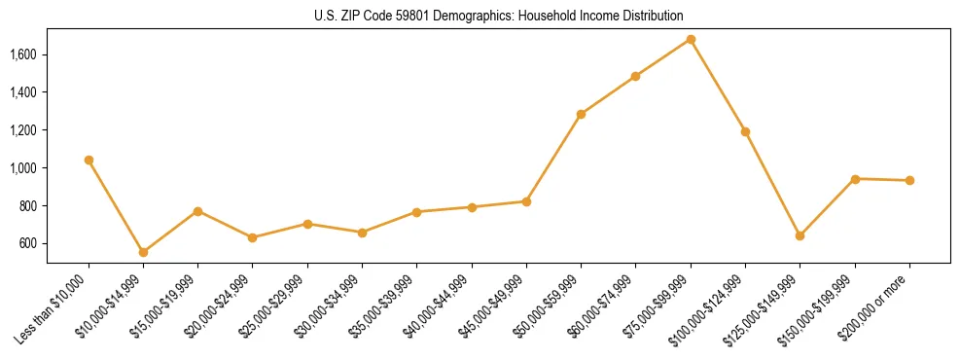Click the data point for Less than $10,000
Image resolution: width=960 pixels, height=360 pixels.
pyautogui.click(x=89, y=160)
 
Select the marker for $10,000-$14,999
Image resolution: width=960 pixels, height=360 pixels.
pyautogui.click(x=143, y=252)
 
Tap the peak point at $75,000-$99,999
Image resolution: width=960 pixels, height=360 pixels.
pyautogui.click(x=691, y=39)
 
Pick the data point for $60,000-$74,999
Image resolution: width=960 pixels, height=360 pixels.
pyautogui.click(x=635, y=76)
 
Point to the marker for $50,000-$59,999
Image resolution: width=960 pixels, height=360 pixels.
pyautogui.click(x=581, y=114)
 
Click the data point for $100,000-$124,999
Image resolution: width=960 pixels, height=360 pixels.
pyautogui.click(x=745, y=131)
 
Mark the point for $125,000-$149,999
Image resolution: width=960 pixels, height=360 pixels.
pyautogui.click(x=800, y=235)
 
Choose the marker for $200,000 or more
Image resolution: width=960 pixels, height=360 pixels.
pyautogui.click(x=909, y=180)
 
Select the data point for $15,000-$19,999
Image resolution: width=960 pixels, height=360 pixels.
pyautogui.click(x=197, y=211)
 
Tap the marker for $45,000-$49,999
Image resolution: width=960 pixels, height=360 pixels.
pyautogui.click(x=526, y=201)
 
